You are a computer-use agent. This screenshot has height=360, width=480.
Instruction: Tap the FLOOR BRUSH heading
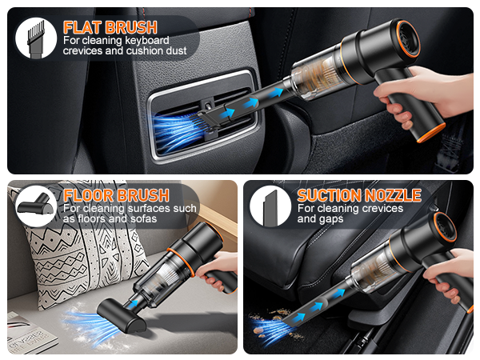click(x=115, y=195)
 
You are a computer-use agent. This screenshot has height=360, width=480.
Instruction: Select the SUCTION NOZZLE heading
click(x=358, y=195)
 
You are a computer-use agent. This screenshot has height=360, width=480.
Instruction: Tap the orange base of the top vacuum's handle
click(x=432, y=129)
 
